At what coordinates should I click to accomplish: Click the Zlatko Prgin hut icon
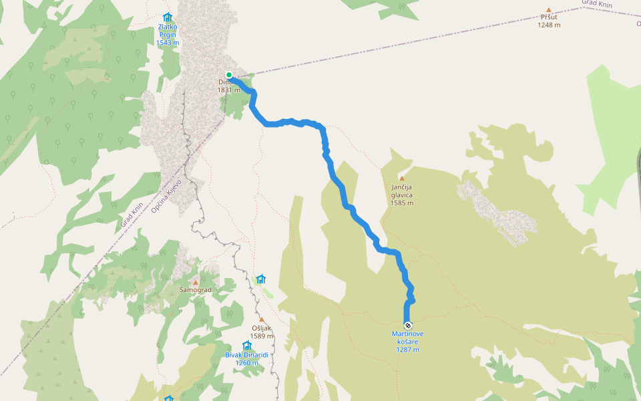(x=168, y=17)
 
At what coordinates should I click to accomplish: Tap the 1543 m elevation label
(x=168, y=43)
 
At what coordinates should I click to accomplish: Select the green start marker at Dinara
(x=229, y=75)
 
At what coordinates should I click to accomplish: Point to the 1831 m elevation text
(x=228, y=90)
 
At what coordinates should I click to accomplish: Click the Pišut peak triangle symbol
(x=549, y=10)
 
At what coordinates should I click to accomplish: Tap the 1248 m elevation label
(x=549, y=25)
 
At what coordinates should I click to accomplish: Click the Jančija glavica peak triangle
(x=402, y=178)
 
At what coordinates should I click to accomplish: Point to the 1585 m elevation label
(x=402, y=203)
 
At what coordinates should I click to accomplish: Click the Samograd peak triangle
(x=195, y=282)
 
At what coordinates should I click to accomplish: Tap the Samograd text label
(x=195, y=290)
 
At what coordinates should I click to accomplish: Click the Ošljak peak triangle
(x=262, y=319)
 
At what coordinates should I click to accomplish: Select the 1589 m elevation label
(x=262, y=336)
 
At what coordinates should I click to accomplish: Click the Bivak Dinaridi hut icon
(x=246, y=346)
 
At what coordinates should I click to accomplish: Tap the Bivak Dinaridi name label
(x=246, y=355)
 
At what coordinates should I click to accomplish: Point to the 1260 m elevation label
(x=246, y=363)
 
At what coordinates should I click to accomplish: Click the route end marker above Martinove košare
(x=408, y=325)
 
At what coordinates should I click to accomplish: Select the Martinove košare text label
(x=407, y=338)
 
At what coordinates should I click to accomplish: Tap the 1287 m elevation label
(x=407, y=350)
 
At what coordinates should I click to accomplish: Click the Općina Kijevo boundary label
(x=164, y=198)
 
